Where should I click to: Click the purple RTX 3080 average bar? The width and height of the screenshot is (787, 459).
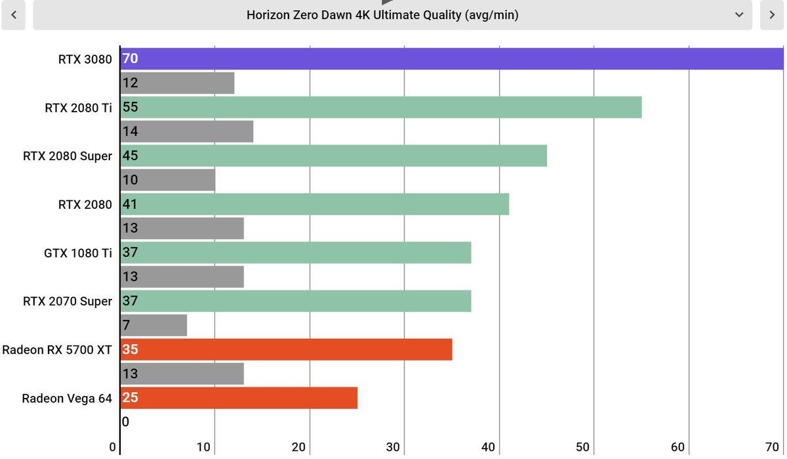click(x=452, y=58)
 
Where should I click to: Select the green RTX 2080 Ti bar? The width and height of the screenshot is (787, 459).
click(x=381, y=107)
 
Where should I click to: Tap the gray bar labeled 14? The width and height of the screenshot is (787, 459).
click(x=186, y=131)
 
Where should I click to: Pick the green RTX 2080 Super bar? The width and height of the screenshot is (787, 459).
click(x=333, y=156)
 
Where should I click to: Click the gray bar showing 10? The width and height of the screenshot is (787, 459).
click(x=168, y=180)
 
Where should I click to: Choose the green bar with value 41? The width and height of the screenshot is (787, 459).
click(x=314, y=204)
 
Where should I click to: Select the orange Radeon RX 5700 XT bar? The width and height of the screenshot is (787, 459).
click(x=286, y=349)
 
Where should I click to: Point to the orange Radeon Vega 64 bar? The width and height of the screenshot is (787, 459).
click(x=239, y=398)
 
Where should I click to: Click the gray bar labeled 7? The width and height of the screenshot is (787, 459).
click(x=153, y=325)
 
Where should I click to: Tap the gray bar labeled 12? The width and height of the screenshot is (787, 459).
click(x=177, y=83)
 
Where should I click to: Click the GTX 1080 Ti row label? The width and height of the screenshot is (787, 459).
click(x=78, y=253)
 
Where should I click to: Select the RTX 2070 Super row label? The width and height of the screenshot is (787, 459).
click(x=68, y=301)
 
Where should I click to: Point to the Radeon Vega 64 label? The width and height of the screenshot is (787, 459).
click(x=67, y=398)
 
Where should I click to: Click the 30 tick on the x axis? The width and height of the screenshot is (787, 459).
click(x=393, y=447)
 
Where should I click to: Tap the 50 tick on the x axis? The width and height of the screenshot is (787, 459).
click(x=582, y=447)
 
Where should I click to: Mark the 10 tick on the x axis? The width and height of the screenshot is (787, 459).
click(x=203, y=447)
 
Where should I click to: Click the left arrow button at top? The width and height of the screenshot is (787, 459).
click(x=13, y=14)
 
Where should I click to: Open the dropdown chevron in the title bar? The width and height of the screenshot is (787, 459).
click(x=739, y=14)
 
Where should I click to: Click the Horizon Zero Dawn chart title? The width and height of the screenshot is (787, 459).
click(x=382, y=15)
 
